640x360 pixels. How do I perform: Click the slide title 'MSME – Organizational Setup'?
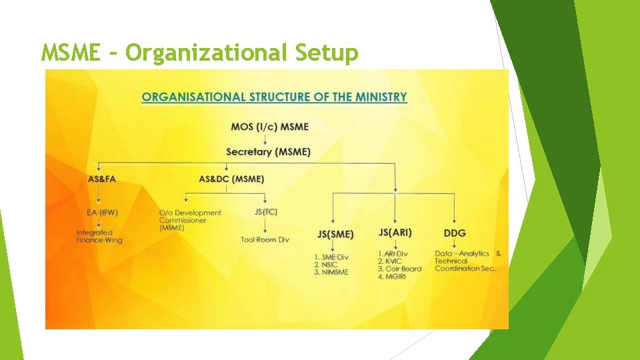pyautogui.click(x=199, y=52)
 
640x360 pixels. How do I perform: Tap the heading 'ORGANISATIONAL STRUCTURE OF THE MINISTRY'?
pyautogui.click(x=274, y=97)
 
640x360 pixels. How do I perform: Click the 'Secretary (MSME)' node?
pyautogui.click(x=268, y=152)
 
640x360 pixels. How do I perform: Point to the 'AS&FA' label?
pyautogui.click(x=101, y=179)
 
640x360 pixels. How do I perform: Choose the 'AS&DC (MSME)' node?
pyautogui.click(x=231, y=179)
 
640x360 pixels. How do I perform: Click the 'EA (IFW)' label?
pyautogui.click(x=102, y=213)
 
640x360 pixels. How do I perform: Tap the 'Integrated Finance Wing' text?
pyautogui.click(x=99, y=236)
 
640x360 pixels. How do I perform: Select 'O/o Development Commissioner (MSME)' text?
pyautogui.click(x=190, y=220)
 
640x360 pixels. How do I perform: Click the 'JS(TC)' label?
pyautogui.click(x=266, y=212)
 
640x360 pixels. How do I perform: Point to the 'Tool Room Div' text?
pyautogui.click(x=265, y=239)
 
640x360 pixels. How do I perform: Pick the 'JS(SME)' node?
pyautogui.click(x=335, y=234)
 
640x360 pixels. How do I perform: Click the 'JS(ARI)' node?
pyautogui.click(x=395, y=232)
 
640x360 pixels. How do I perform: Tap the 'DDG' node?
pyautogui.click(x=455, y=233)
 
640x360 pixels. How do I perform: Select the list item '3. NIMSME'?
pyautogui.click(x=331, y=272)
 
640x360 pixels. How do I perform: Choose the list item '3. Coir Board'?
pyautogui.click(x=399, y=269)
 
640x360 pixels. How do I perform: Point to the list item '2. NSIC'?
pyautogui.click(x=329, y=265)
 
